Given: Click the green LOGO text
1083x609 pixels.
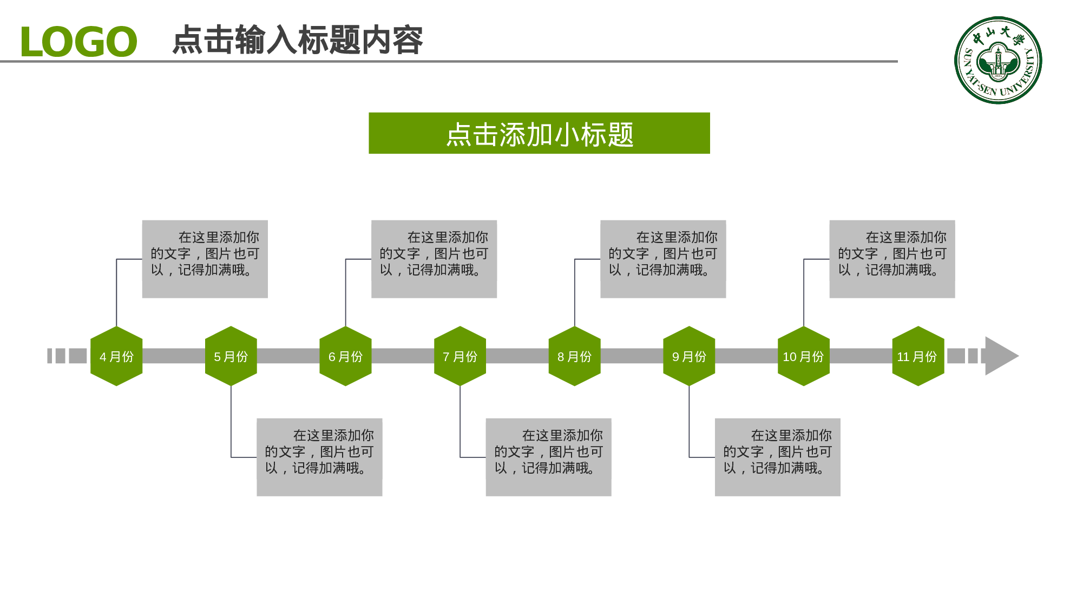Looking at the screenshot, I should [x=78, y=42].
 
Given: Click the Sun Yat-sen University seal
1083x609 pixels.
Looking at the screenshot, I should [x=998, y=60].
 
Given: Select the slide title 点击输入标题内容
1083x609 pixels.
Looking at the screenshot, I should [x=297, y=40].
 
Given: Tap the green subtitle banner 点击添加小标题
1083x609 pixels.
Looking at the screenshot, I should [x=539, y=133].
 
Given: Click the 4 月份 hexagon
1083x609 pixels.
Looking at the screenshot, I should [x=116, y=356].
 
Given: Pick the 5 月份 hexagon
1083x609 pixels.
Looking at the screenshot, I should [x=231, y=356].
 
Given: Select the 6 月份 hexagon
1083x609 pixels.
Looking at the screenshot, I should [x=345, y=356].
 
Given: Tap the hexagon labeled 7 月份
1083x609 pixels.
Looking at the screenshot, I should [x=460, y=356].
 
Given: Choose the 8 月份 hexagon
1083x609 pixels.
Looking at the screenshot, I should [x=574, y=356].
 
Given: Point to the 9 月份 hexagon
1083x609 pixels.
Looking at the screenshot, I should [x=689, y=356].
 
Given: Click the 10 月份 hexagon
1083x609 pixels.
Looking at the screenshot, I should [x=804, y=356].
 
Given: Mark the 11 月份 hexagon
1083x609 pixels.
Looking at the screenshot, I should [x=918, y=356].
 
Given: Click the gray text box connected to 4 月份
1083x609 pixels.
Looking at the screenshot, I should [x=205, y=259].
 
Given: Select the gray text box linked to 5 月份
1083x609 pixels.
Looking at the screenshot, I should [x=319, y=457].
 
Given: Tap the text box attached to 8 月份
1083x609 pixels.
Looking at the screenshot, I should [x=663, y=259].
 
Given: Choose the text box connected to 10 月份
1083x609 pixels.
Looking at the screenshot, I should [x=892, y=259].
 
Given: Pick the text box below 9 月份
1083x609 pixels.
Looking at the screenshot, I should [x=777, y=457].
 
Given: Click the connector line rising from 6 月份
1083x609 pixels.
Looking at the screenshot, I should [x=346, y=292].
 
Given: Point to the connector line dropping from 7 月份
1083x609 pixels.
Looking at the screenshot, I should [x=460, y=422].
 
